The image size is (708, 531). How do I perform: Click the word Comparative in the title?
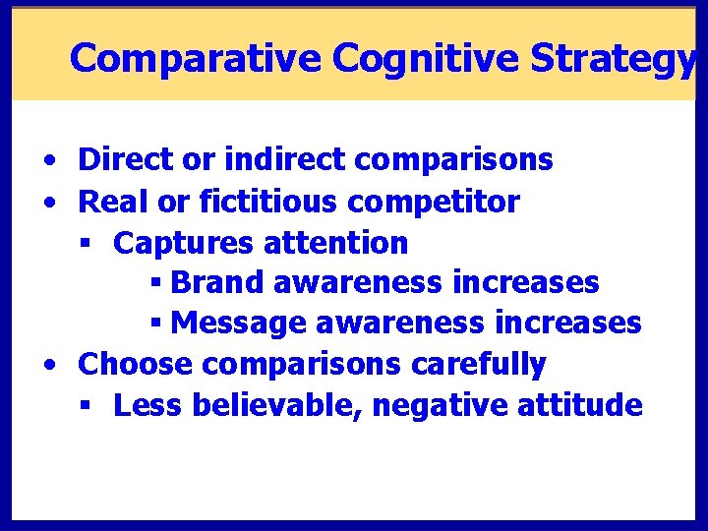196,59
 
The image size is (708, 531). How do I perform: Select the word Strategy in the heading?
612,59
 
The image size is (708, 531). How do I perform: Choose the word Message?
234,323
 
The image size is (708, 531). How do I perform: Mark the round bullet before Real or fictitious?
48,203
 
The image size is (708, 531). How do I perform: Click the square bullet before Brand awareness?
155,284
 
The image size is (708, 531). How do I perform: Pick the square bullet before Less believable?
88,406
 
